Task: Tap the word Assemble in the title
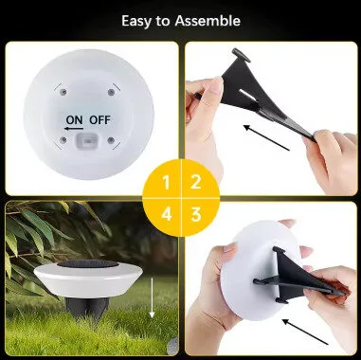click(x=208, y=21)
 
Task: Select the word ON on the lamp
click(x=75, y=119)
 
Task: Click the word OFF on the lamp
click(x=100, y=119)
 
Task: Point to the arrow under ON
click(x=74, y=128)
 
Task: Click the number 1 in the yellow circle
click(x=166, y=183)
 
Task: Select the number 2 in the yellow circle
click(x=196, y=182)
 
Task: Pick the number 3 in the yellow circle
click(x=196, y=214)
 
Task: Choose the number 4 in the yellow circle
click(x=167, y=214)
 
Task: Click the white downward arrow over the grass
click(x=152, y=297)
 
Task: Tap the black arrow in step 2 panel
click(x=266, y=137)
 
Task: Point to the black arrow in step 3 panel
click(x=305, y=332)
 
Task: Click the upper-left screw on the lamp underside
click(x=63, y=92)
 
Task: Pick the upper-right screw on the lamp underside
click(x=111, y=92)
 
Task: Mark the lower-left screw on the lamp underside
click(x=63, y=139)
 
